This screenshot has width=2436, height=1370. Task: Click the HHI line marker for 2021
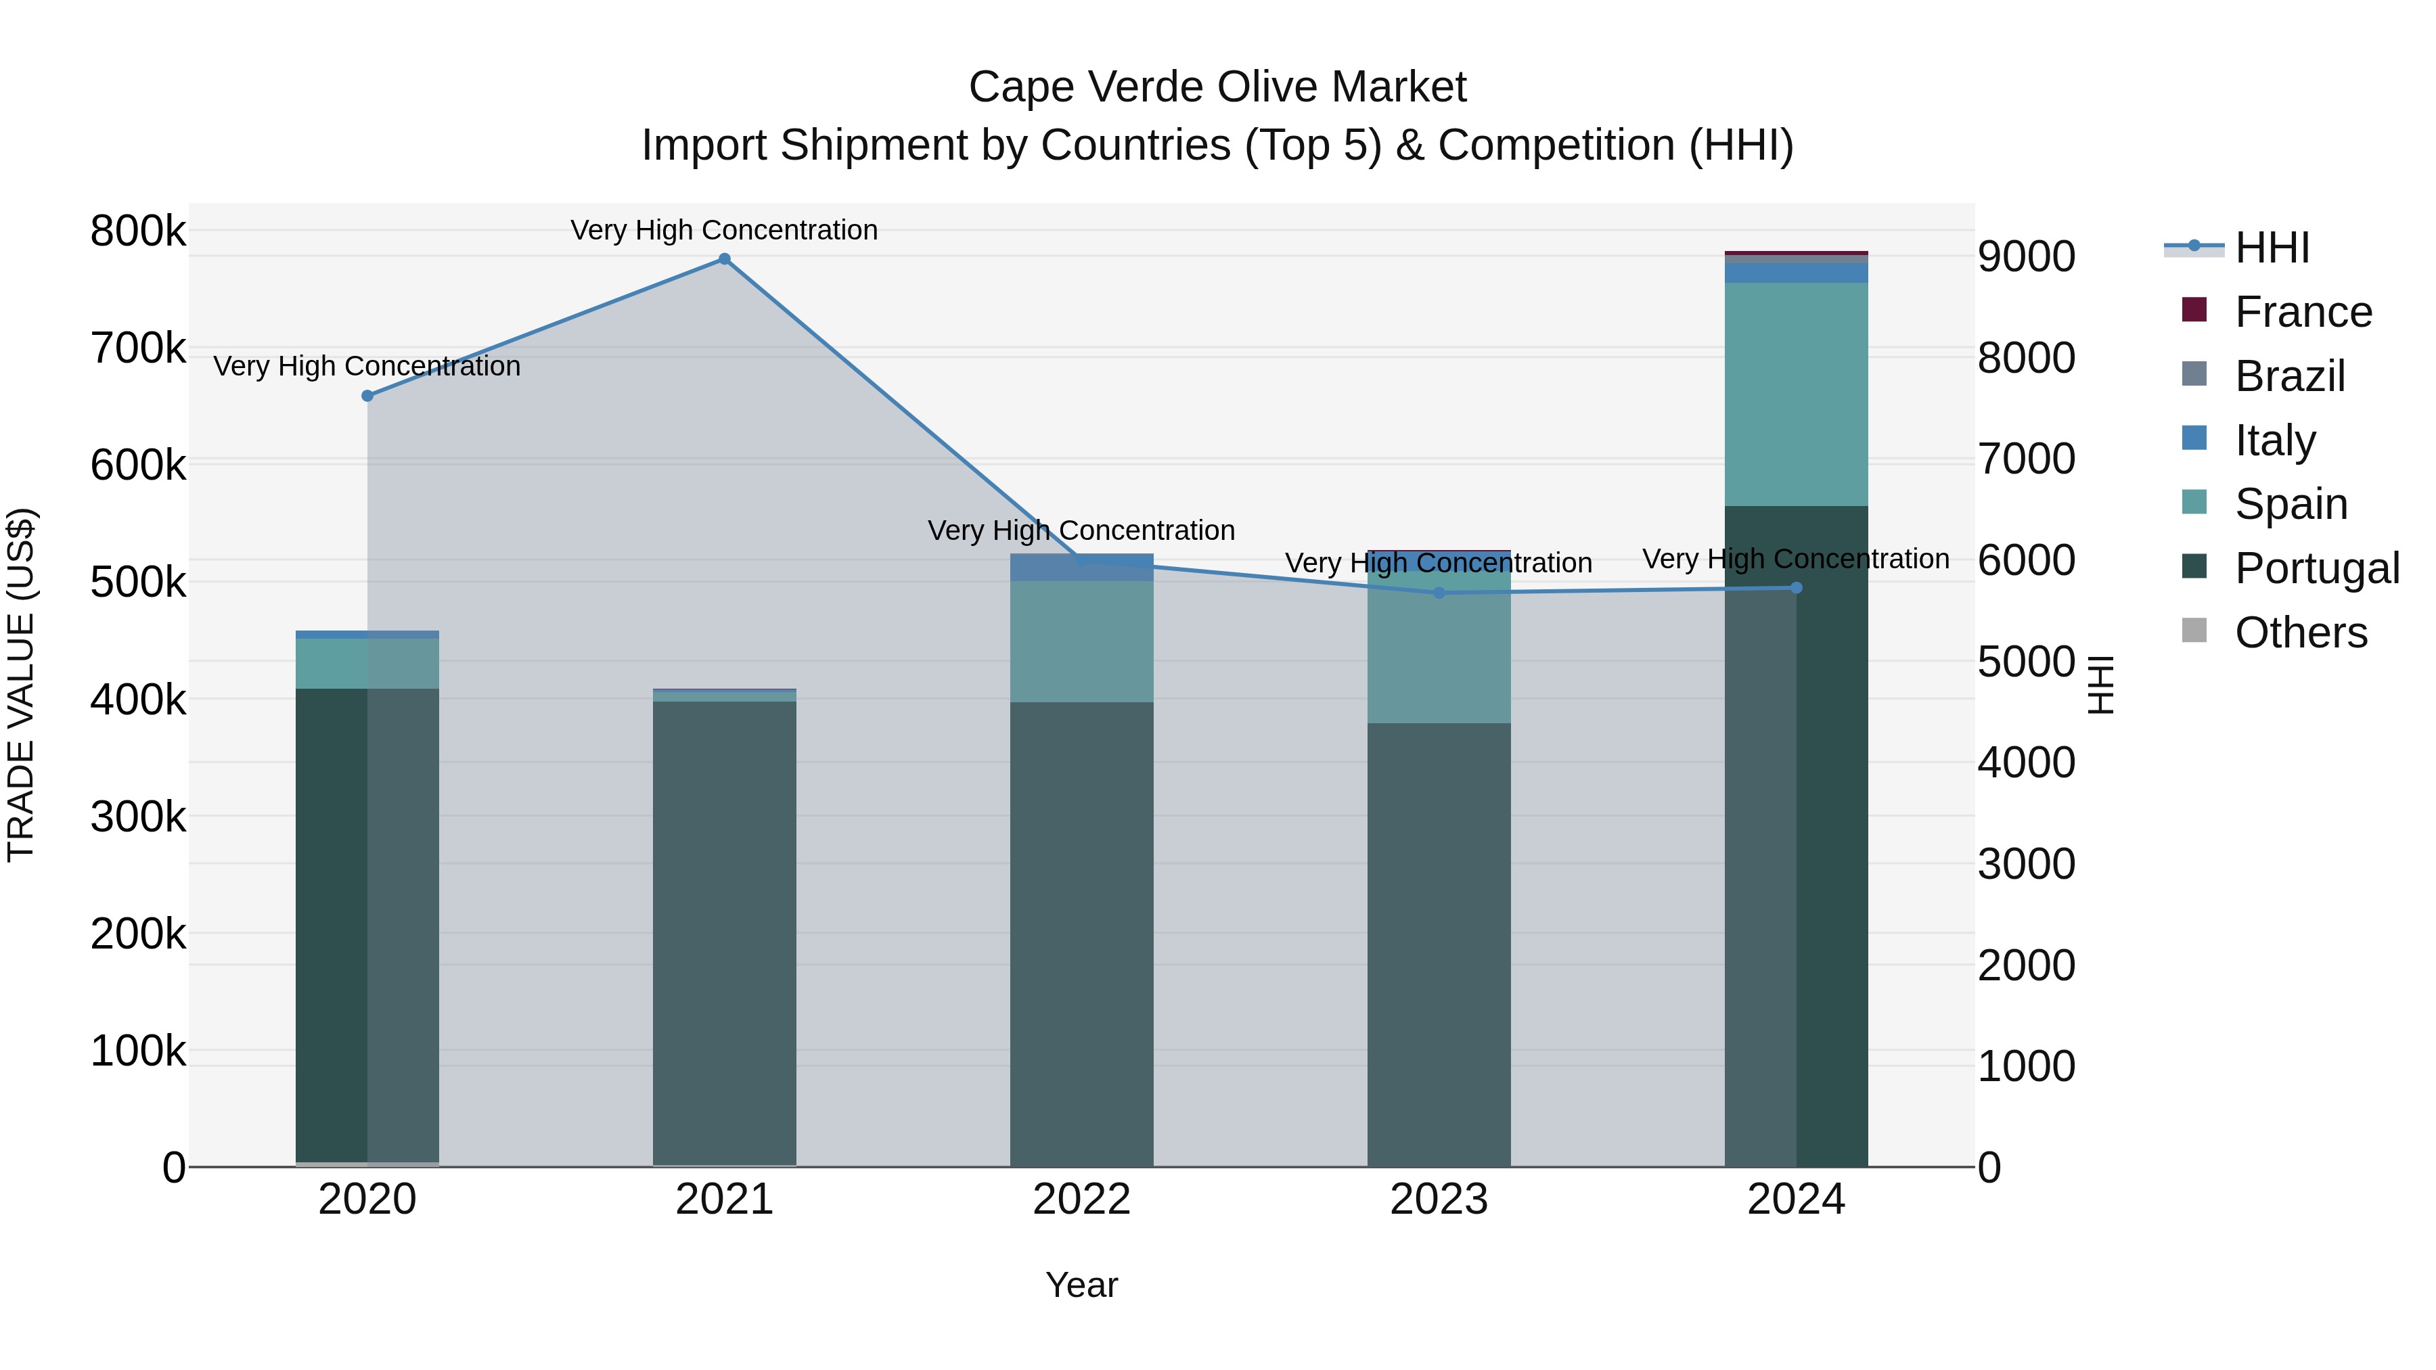point(724,259)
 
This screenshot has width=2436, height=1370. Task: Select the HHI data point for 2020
point(368,396)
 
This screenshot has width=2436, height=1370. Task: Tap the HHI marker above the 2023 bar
point(1439,593)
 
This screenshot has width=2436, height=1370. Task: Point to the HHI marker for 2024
point(1797,588)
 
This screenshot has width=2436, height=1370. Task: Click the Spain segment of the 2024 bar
point(1797,394)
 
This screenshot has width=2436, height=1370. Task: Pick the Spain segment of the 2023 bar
point(1439,652)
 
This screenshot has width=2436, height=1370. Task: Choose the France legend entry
point(2303,312)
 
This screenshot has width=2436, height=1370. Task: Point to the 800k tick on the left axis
point(138,231)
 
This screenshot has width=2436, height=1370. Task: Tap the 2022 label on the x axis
point(1082,1200)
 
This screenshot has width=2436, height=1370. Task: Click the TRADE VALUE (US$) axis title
point(21,685)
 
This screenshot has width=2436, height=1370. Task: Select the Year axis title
point(1082,1285)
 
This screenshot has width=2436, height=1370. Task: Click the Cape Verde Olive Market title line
point(1217,87)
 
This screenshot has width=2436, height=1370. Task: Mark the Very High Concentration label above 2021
point(724,230)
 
